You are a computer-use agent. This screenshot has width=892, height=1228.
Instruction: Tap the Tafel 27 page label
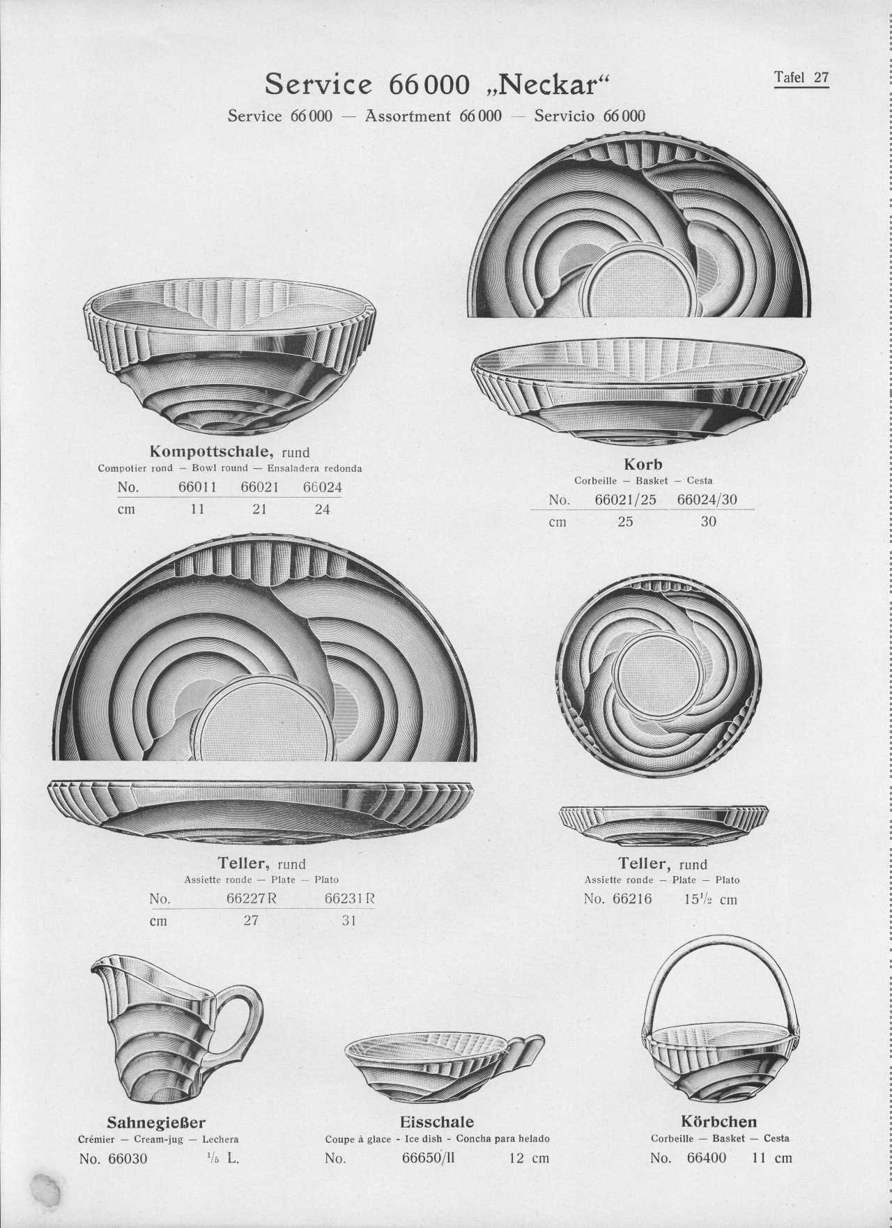[801, 77]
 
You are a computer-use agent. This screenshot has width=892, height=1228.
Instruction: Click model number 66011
[198, 487]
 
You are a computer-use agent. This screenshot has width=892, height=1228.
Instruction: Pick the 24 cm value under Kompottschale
[322, 509]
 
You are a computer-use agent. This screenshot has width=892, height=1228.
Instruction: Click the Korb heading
[643, 463]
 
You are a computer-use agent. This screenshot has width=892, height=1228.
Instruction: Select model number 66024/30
[707, 500]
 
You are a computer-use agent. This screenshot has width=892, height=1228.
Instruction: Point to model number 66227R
[252, 899]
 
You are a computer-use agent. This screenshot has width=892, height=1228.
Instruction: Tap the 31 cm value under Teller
[349, 921]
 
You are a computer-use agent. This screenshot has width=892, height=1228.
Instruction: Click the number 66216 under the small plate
[632, 899]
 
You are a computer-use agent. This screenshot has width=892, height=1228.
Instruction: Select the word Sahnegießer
[156, 1123]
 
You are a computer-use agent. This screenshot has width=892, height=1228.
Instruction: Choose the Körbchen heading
[718, 1122]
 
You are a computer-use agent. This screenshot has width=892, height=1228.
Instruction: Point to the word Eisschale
[437, 1122]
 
